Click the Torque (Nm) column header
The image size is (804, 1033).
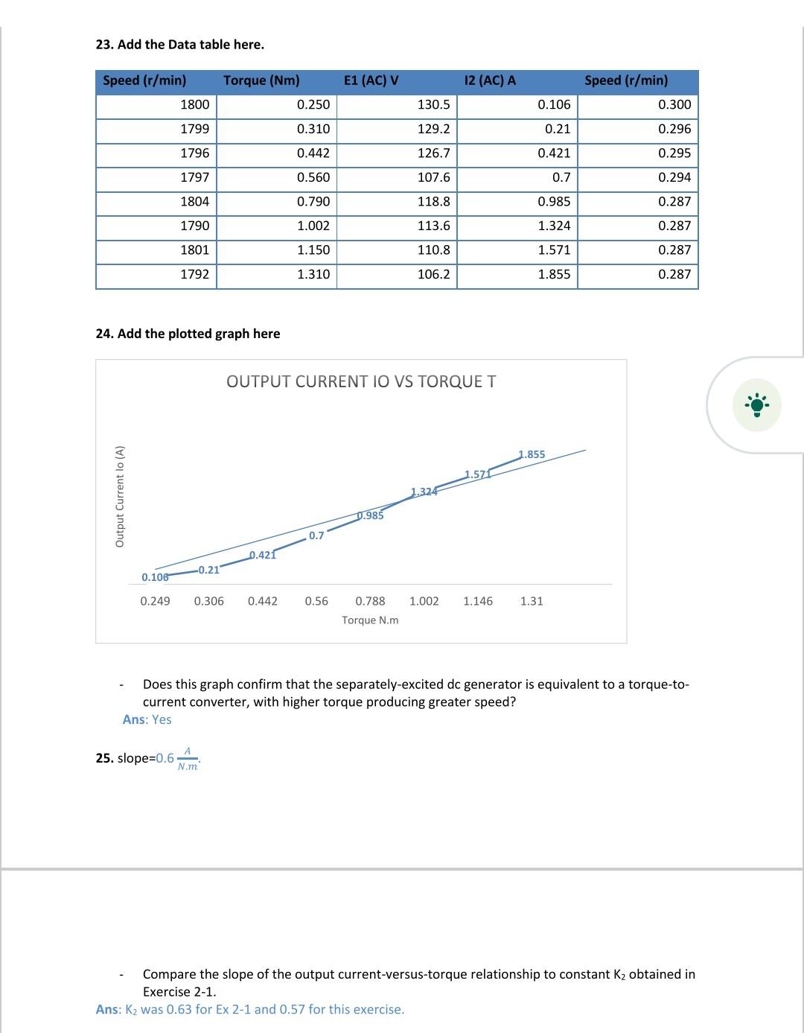tap(261, 80)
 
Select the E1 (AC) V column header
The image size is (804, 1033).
tap(371, 80)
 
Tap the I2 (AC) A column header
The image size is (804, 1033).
tap(489, 80)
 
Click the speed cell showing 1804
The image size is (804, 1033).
tap(195, 202)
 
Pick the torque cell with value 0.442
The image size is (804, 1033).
tap(313, 153)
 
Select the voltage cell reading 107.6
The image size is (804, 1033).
tap(433, 177)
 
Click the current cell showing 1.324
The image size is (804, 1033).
tap(554, 226)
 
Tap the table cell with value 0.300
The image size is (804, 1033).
tap(674, 105)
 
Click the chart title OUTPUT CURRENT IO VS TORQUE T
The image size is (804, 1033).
tap(361, 381)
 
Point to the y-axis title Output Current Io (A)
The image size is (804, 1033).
tap(120, 496)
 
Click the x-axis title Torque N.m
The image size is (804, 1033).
tap(370, 620)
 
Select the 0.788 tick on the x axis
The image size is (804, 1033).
tap(370, 601)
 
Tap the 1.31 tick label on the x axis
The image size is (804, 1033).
tap(532, 601)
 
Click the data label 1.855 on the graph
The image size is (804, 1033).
tap(532, 454)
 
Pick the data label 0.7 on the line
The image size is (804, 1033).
tap(316, 535)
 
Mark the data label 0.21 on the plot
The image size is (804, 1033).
tap(208, 570)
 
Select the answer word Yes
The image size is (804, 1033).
tap(162, 719)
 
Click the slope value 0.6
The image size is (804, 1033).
tap(165, 758)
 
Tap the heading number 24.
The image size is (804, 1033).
tap(104, 334)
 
